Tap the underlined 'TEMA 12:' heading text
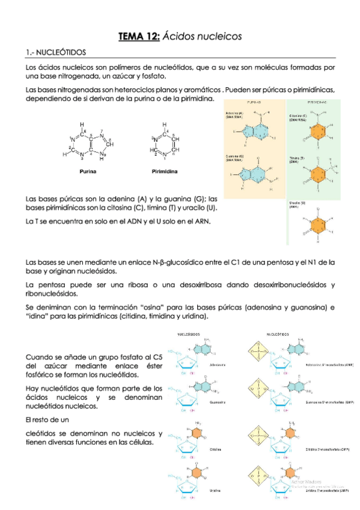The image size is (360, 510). pyautogui.click(x=138, y=37)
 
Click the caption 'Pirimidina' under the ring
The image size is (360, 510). pyautogui.click(x=164, y=171)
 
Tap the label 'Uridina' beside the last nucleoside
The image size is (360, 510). pyautogui.click(x=214, y=491)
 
